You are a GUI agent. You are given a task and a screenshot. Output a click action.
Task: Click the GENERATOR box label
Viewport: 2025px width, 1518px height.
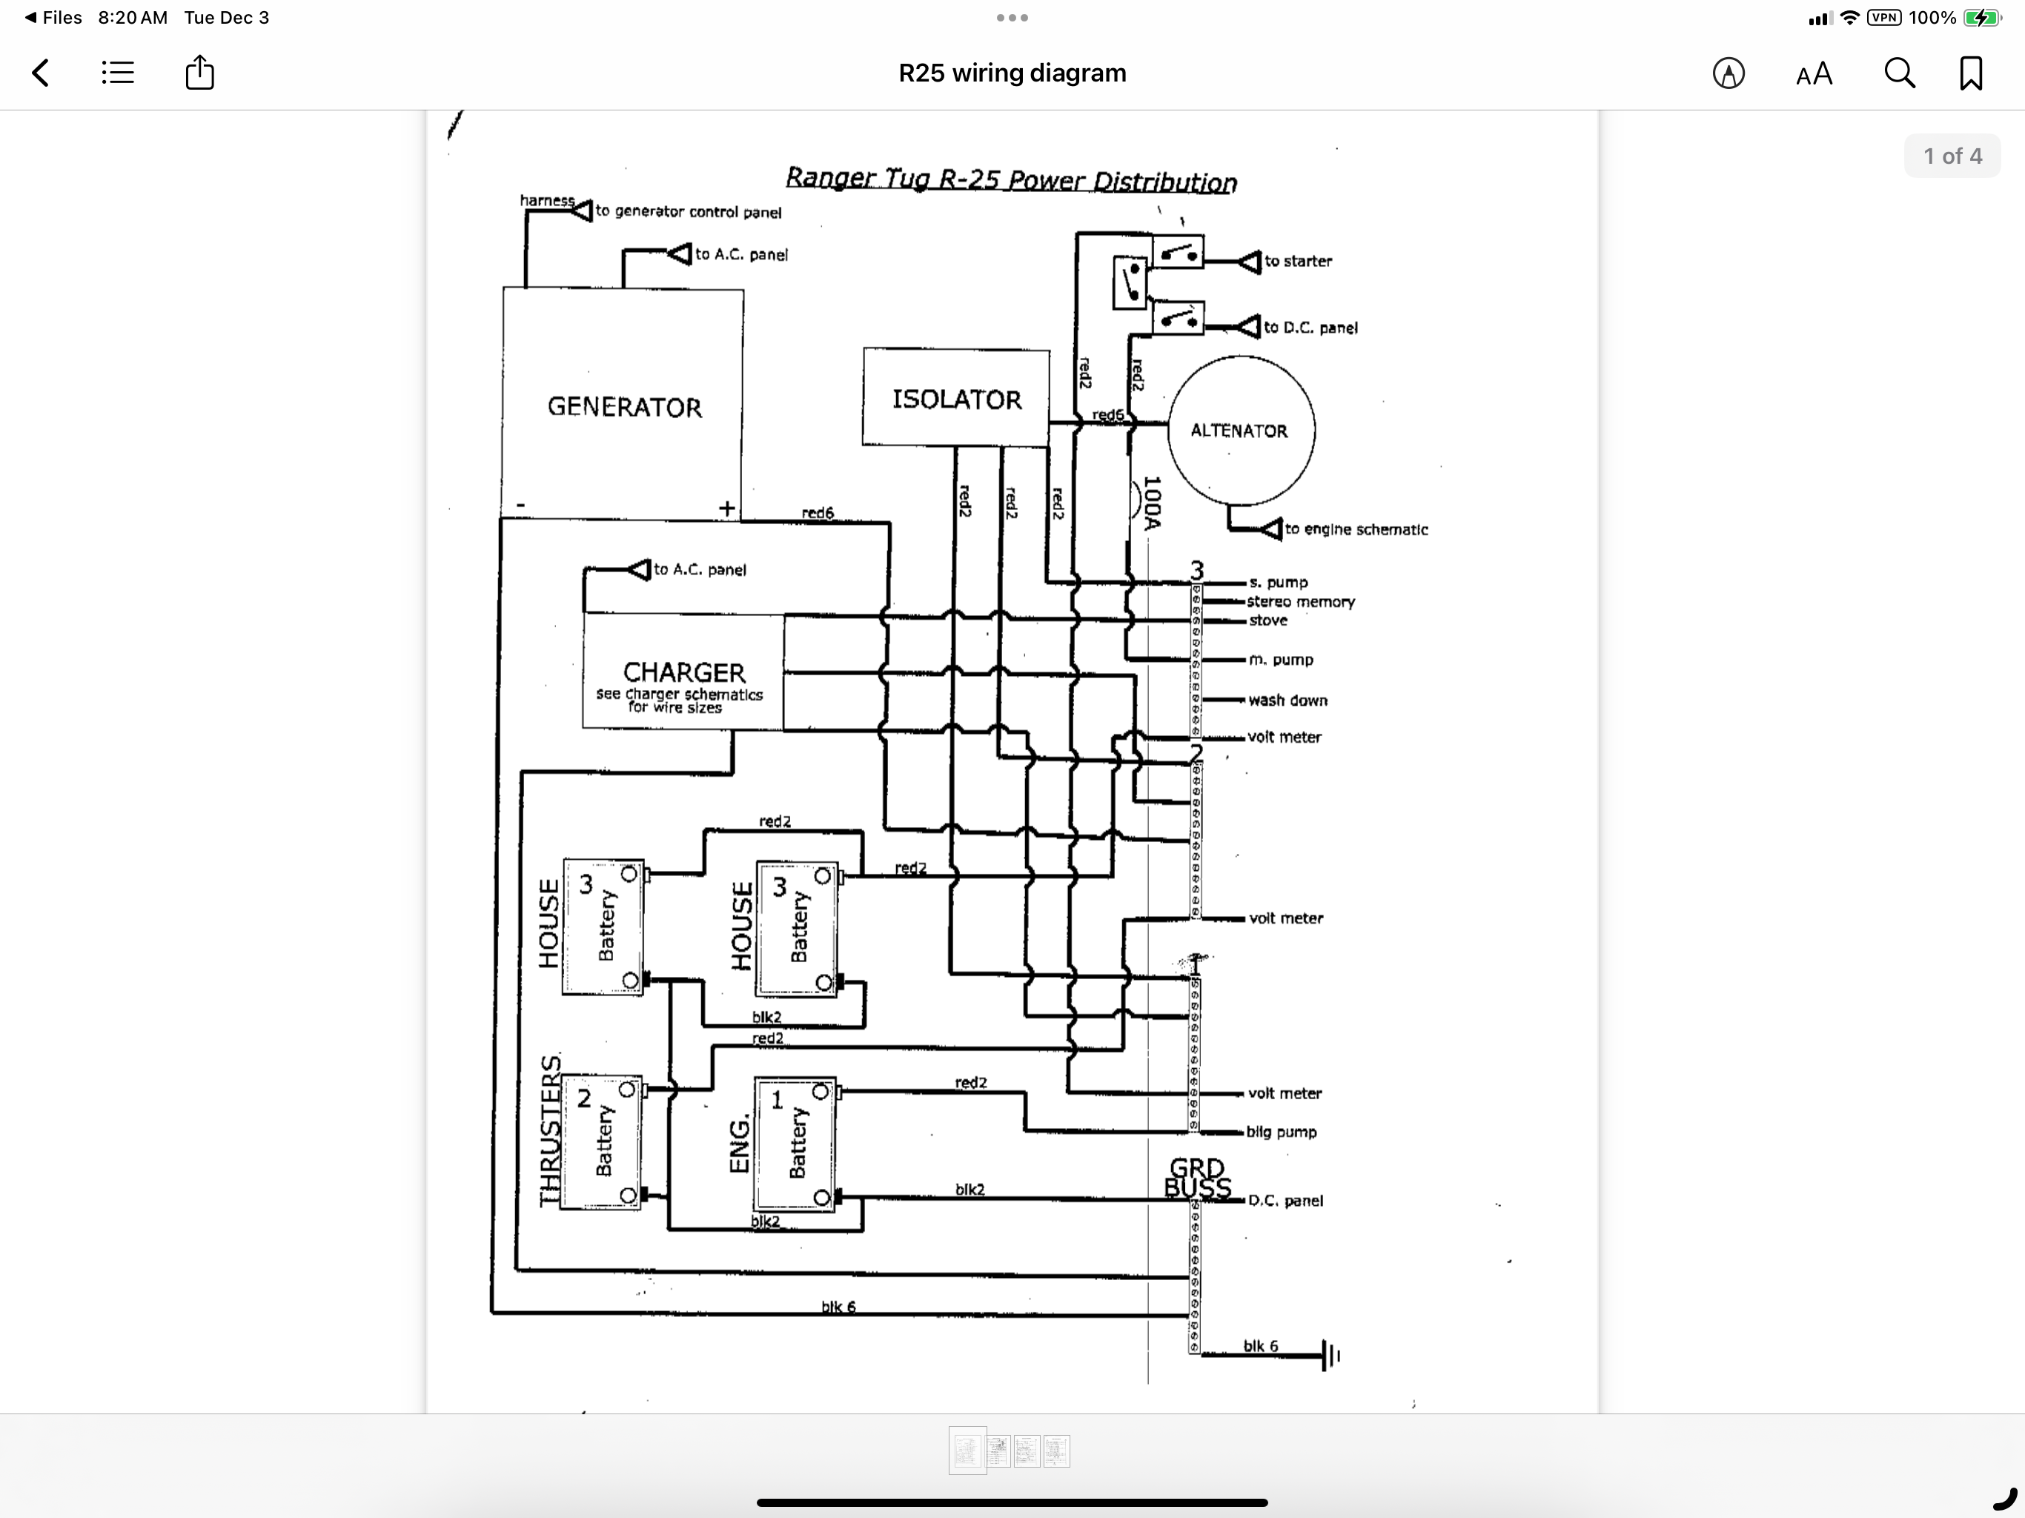click(624, 408)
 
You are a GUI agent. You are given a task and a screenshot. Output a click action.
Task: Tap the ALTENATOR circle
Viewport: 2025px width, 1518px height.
click(1241, 431)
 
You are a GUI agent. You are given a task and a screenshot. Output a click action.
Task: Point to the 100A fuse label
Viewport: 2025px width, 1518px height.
click(1153, 503)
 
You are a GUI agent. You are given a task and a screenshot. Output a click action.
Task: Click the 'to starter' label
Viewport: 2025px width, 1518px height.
click(1298, 261)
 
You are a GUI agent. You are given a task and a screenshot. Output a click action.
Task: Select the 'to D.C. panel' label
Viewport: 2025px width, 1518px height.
click(1311, 328)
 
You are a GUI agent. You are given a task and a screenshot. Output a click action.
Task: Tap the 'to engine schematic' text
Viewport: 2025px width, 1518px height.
click(1356, 529)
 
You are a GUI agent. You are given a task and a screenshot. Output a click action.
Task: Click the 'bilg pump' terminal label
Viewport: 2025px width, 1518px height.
click(1282, 1133)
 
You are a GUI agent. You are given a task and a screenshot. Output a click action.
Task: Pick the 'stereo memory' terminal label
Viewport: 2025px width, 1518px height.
click(1301, 602)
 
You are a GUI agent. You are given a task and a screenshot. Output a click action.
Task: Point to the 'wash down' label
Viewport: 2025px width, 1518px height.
click(1288, 700)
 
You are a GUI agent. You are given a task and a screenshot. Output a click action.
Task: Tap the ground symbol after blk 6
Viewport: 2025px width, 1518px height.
click(1331, 1354)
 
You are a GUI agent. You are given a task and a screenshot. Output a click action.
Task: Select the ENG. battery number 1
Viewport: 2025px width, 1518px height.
click(778, 1100)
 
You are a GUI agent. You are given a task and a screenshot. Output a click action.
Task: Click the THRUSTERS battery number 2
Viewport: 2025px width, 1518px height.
click(584, 1098)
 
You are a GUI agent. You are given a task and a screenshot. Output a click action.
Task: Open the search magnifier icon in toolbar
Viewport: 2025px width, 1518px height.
click(1900, 73)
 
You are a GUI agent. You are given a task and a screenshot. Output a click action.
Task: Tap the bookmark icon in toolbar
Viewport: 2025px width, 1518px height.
click(1971, 73)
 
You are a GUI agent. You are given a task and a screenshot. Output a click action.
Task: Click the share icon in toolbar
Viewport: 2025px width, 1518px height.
click(199, 73)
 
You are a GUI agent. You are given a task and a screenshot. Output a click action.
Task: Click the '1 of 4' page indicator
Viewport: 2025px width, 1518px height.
click(1952, 156)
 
